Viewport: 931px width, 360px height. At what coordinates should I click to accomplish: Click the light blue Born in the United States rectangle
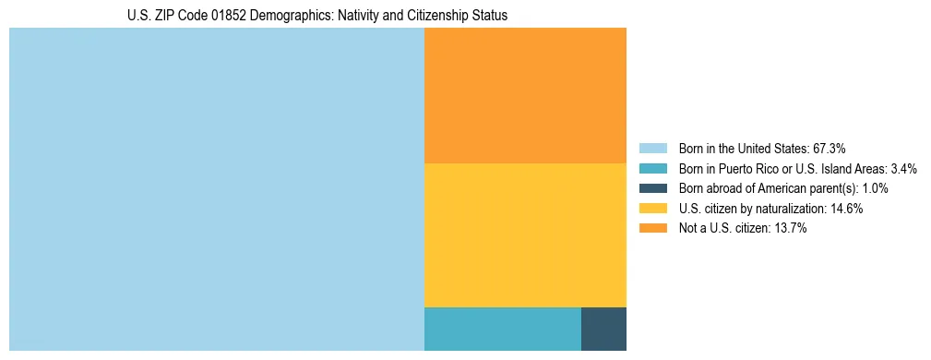pos(216,189)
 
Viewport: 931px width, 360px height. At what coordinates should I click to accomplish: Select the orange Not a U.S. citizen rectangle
pos(525,95)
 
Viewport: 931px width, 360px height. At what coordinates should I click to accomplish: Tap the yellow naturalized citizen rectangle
pos(525,234)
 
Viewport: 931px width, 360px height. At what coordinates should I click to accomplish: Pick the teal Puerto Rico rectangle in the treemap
pos(502,329)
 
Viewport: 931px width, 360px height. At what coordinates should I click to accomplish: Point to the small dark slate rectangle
pos(603,329)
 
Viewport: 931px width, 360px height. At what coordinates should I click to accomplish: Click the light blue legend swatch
pos(652,148)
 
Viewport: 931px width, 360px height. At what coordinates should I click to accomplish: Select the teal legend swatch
pos(652,168)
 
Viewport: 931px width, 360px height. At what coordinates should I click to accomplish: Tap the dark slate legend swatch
pos(652,188)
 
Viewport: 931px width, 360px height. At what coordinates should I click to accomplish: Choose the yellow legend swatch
pos(652,209)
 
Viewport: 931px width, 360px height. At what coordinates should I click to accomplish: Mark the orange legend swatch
pos(652,229)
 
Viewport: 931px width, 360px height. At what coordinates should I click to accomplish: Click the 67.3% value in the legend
pos(830,148)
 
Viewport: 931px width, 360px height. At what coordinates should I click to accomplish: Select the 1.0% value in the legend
pos(873,188)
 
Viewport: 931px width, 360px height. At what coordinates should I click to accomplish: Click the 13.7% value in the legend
pos(791,229)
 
